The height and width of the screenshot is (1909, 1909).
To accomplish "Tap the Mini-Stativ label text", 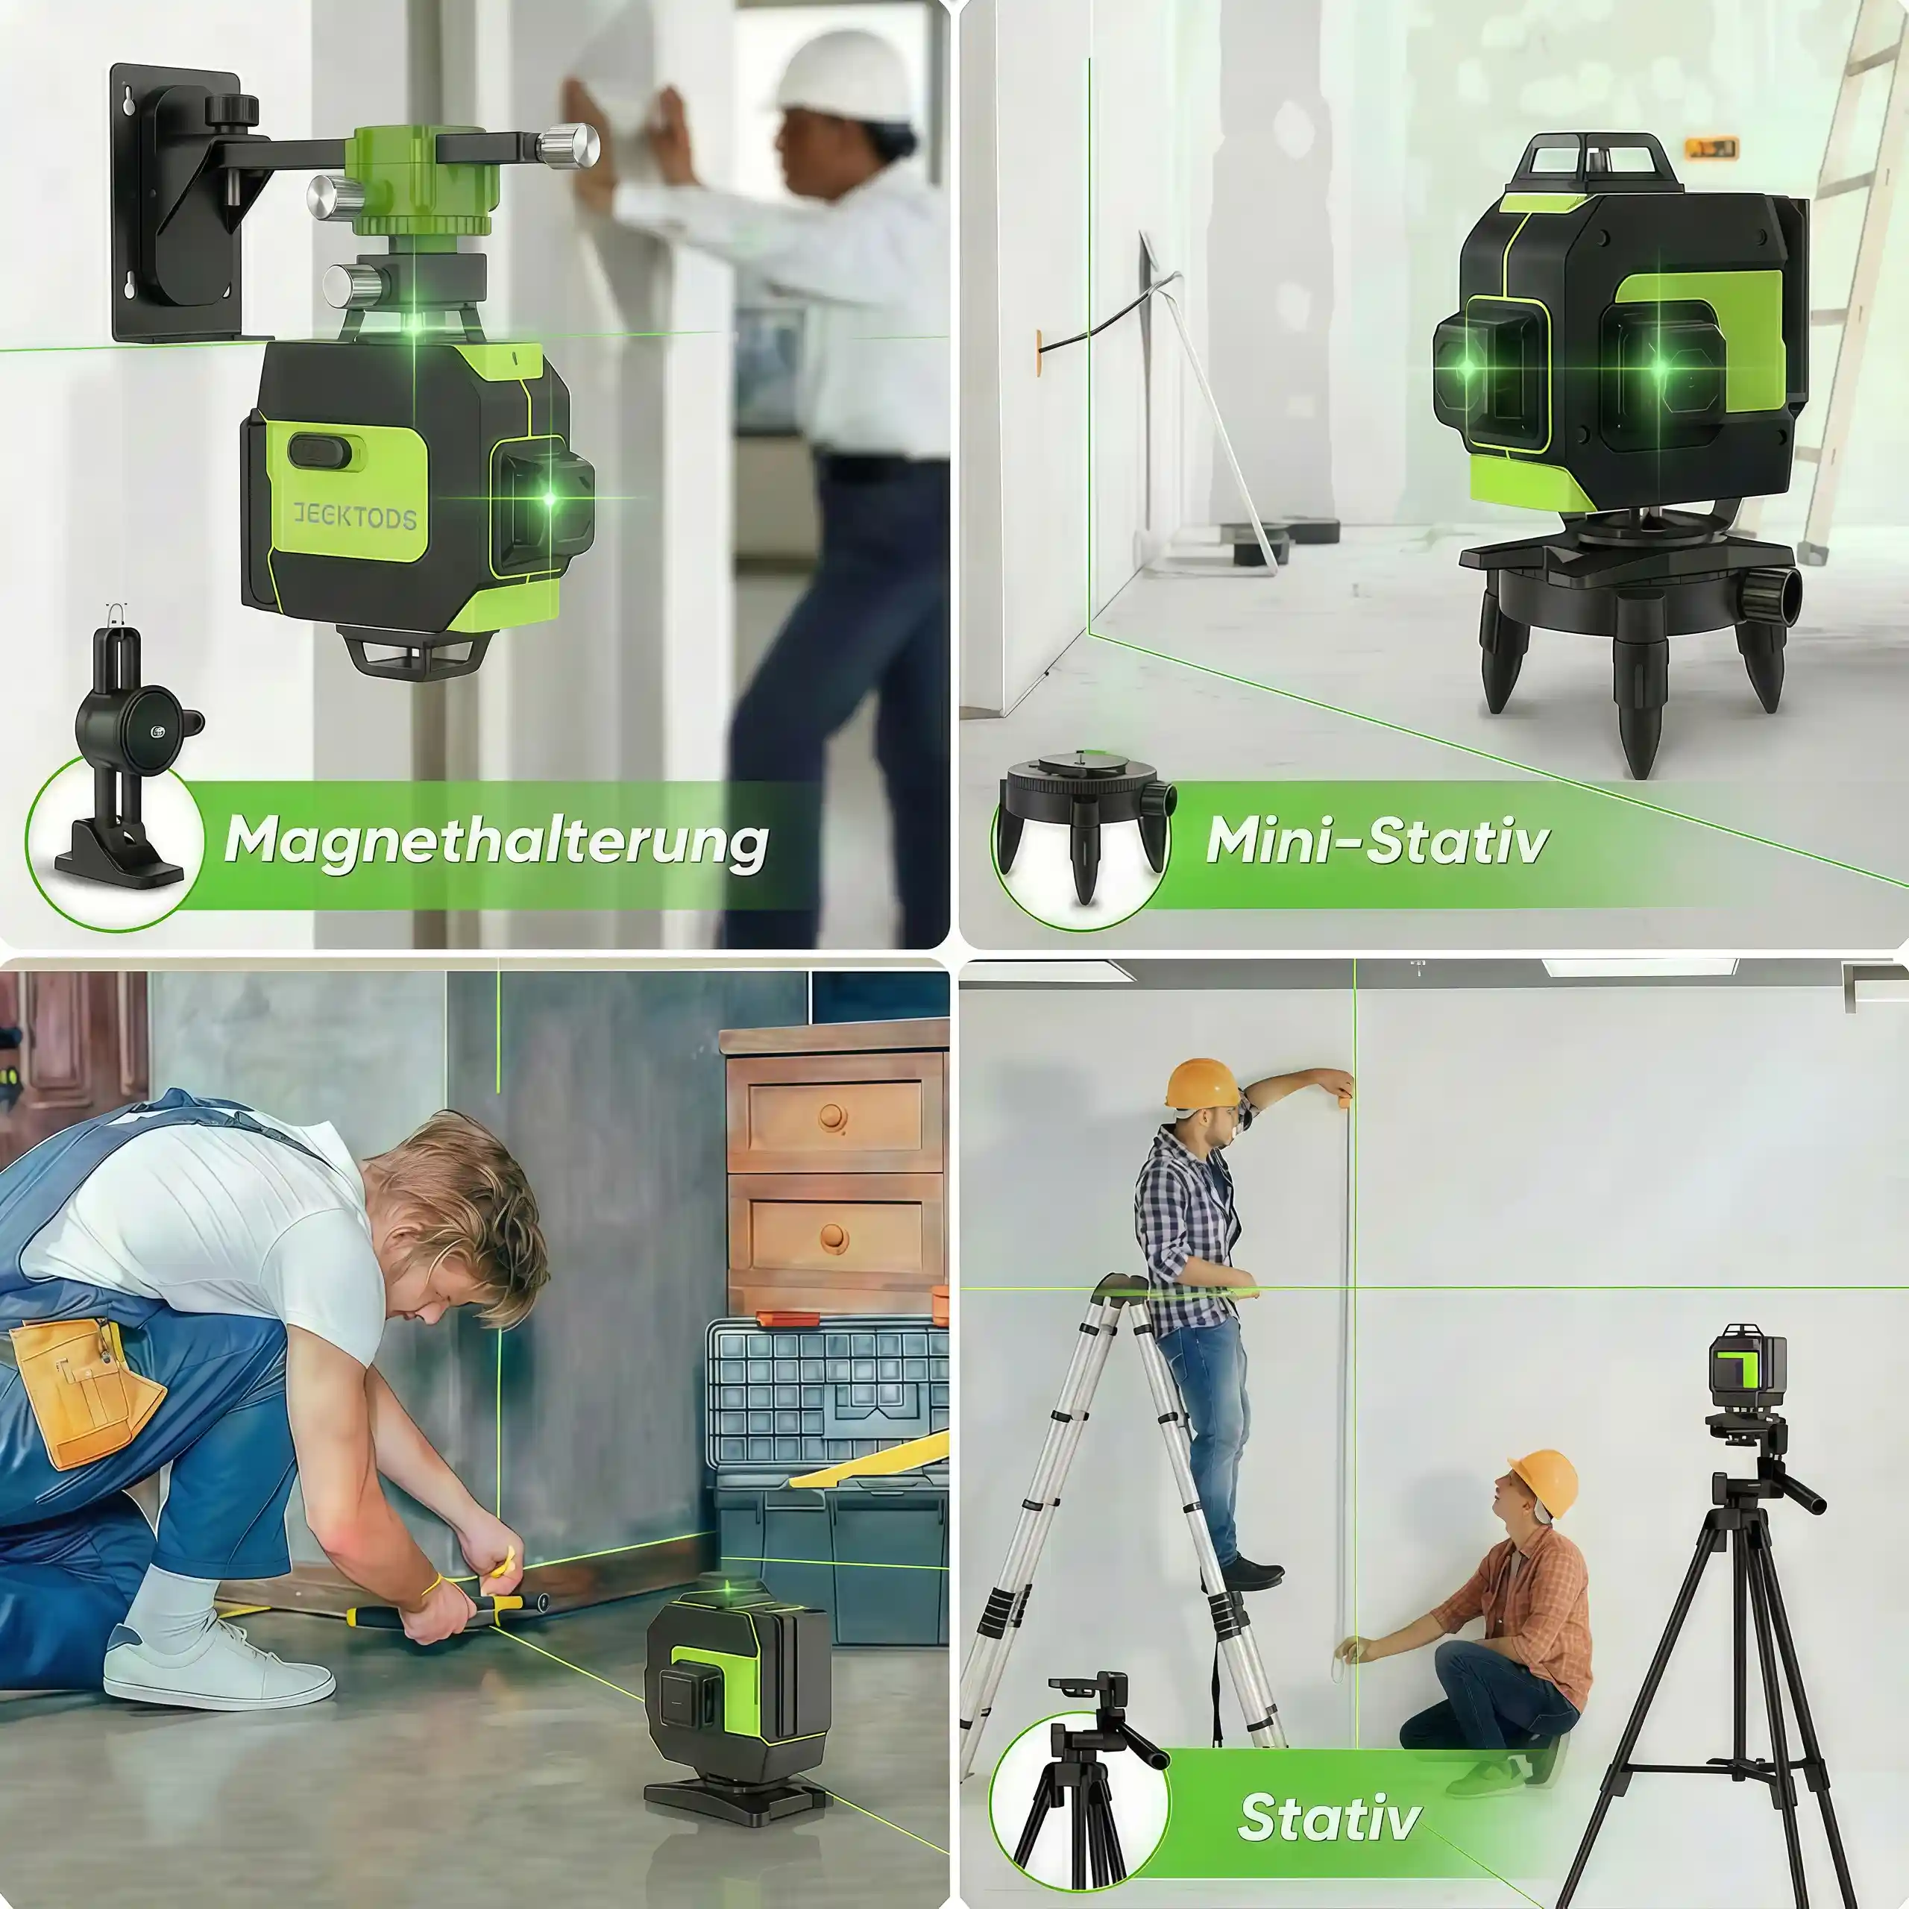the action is pos(1377,841).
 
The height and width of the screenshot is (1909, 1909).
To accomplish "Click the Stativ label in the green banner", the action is pos(1329,1817).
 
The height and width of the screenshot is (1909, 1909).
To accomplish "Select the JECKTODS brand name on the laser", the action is pos(355,516).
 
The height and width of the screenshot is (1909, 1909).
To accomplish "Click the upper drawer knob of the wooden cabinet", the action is pos(833,1118).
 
